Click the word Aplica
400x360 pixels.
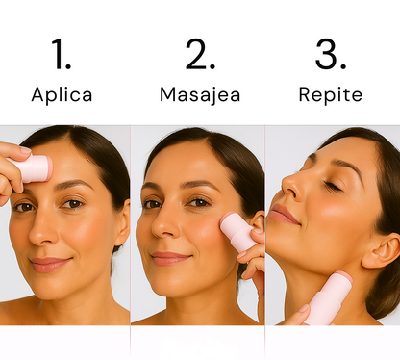[x=62, y=95]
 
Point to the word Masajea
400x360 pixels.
[x=200, y=95]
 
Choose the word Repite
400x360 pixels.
[x=330, y=95]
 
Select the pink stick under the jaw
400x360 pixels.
[x=328, y=298]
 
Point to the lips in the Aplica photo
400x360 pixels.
[x=50, y=263]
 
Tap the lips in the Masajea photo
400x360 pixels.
[x=170, y=258]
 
